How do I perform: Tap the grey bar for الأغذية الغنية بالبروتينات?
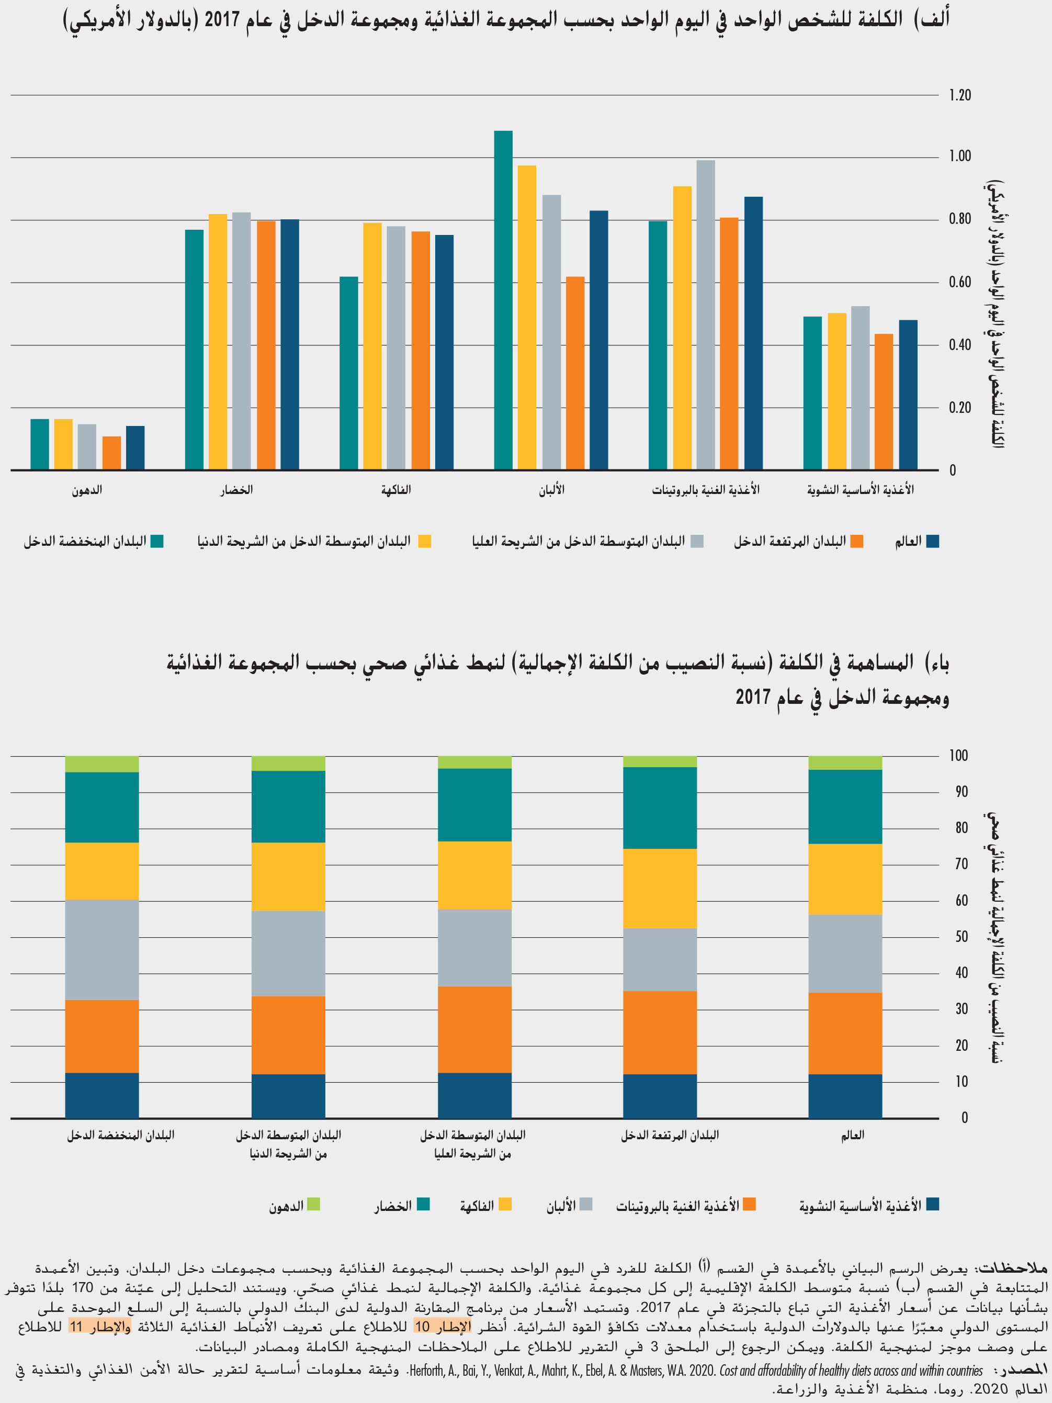click(705, 315)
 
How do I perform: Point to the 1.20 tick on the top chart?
click(959, 95)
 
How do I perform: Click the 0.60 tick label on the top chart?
click(959, 282)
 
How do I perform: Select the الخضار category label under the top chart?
click(236, 490)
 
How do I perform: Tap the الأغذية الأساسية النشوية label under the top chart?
click(860, 490)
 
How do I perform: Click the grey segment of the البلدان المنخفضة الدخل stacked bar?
click(102, 949)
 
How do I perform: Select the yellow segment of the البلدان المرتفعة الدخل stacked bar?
click(660, 888)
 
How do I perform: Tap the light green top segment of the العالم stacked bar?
click(845, 762)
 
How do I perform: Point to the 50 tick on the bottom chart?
click(961, 937)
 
